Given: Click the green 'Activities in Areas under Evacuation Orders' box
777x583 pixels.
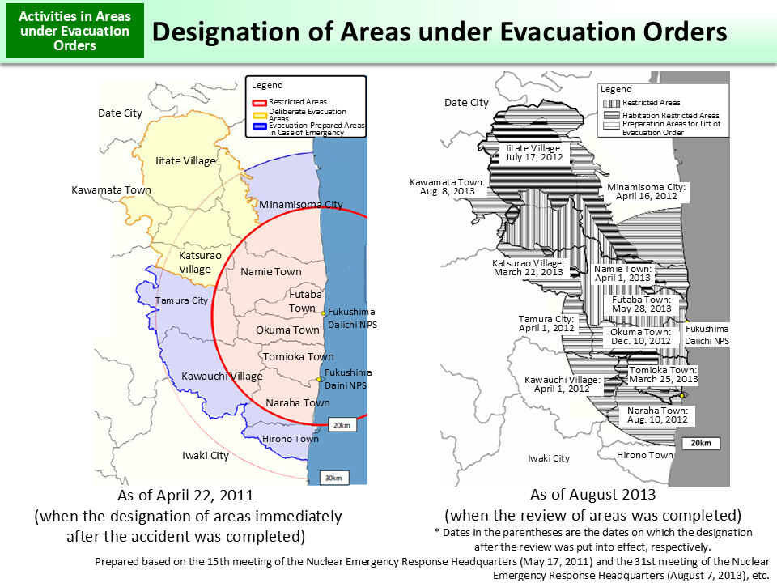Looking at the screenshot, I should pos(74,32).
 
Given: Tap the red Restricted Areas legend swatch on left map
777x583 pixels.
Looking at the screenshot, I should pos(259,102).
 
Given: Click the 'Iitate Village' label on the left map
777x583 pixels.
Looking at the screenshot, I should pos(185,161).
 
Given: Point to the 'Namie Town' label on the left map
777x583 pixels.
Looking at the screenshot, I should pos(271,272).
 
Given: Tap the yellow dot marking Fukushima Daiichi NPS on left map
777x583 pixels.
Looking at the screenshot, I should pos(322,313).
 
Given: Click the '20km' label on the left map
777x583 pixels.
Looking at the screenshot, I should pos(342,425).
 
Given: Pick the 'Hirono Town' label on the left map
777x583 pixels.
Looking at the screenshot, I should pos(290,439).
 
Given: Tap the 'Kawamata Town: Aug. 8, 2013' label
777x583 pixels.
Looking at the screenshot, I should pos(447,188).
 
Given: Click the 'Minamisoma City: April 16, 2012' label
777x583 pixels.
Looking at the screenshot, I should pos(647,191).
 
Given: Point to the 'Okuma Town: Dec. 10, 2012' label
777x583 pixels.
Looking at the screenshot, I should pos(640,337).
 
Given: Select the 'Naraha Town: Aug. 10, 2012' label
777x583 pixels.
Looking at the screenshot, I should pos(657,415).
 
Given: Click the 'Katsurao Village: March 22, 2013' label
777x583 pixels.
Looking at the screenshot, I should pos(528,268).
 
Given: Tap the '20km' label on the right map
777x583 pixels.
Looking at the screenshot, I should pos(701,444).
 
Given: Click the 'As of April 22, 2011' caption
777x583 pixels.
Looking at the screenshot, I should pos(185,495).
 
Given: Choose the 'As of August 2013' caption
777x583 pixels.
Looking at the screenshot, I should pos(593,495).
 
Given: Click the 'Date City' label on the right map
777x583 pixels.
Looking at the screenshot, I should pos(467,103).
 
